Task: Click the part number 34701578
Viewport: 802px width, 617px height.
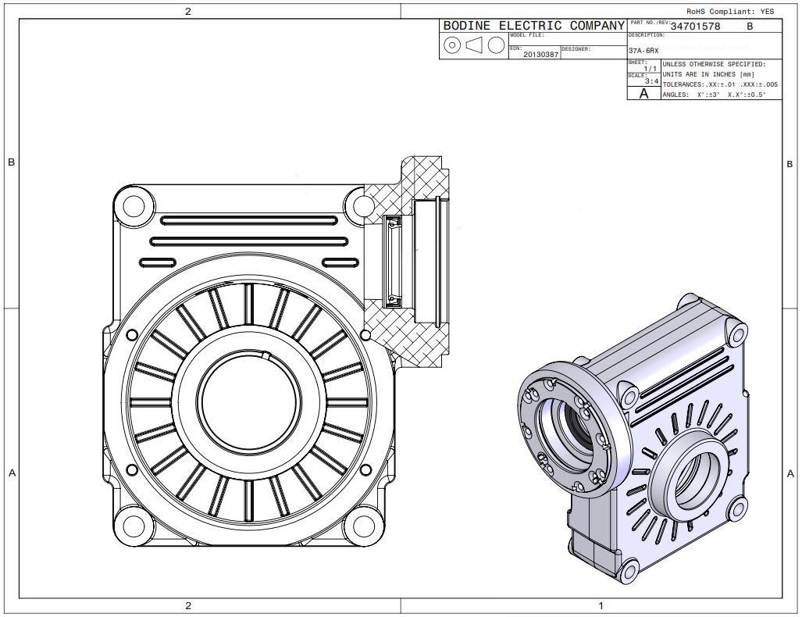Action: click(695, 26)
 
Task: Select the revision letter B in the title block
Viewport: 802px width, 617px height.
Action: click(750, 26)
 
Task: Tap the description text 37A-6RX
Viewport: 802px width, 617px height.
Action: click(643, 51)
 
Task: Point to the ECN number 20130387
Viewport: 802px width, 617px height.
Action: click(540, 55)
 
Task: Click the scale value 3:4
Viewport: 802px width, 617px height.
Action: click(651, 81)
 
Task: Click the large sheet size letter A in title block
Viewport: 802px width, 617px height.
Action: click(643, 94)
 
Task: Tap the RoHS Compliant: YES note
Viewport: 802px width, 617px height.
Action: click(730, 12)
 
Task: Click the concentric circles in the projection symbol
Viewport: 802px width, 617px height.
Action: click(451, 45)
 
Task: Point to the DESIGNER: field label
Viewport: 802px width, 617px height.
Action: click(576, 49)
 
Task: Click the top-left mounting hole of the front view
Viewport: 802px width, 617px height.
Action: click(134, 206)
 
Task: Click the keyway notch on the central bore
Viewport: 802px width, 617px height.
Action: click(266, 356)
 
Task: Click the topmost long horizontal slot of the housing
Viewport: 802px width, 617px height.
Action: click(242, 221)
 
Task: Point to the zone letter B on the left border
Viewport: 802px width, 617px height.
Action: click(11, 162)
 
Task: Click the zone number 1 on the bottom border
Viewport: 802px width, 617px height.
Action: click(601, 605)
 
